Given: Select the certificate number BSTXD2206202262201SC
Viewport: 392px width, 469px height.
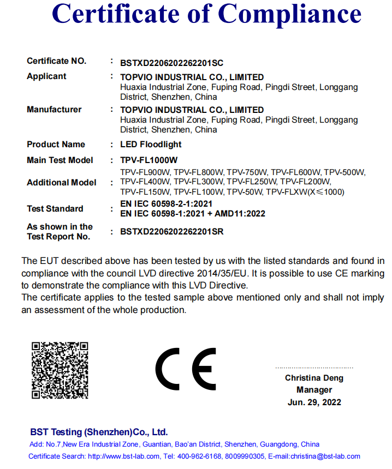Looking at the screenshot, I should pos(171,63).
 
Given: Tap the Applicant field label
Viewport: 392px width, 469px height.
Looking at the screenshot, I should pos(46,76).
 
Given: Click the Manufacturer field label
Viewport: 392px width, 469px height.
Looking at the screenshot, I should pos(54,110).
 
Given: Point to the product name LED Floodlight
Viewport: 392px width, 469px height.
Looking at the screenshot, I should pos(151,145).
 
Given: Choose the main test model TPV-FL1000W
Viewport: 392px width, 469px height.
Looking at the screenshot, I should pos(149,160).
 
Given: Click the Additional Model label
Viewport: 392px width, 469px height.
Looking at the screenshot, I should pos(61,183).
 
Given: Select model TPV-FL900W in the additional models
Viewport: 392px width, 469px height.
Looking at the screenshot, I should pos(146,172).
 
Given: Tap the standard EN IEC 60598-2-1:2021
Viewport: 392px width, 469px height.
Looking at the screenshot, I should pos(167,203).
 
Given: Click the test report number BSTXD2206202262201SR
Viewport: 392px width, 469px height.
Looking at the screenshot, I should pos(171,232).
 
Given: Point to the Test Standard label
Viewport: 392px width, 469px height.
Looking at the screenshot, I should pos(55,209).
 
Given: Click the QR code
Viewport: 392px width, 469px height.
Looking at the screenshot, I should pos(60,370).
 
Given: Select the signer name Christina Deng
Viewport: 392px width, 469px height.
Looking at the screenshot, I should pos(314,378).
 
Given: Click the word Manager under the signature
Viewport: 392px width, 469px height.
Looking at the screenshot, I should pos(314,390).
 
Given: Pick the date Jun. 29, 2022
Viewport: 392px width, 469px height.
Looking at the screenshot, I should pos(314,402).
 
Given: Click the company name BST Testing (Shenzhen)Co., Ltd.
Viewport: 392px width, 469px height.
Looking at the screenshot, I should pos(98,432).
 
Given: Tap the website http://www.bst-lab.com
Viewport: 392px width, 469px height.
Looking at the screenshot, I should pos(123,456).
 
